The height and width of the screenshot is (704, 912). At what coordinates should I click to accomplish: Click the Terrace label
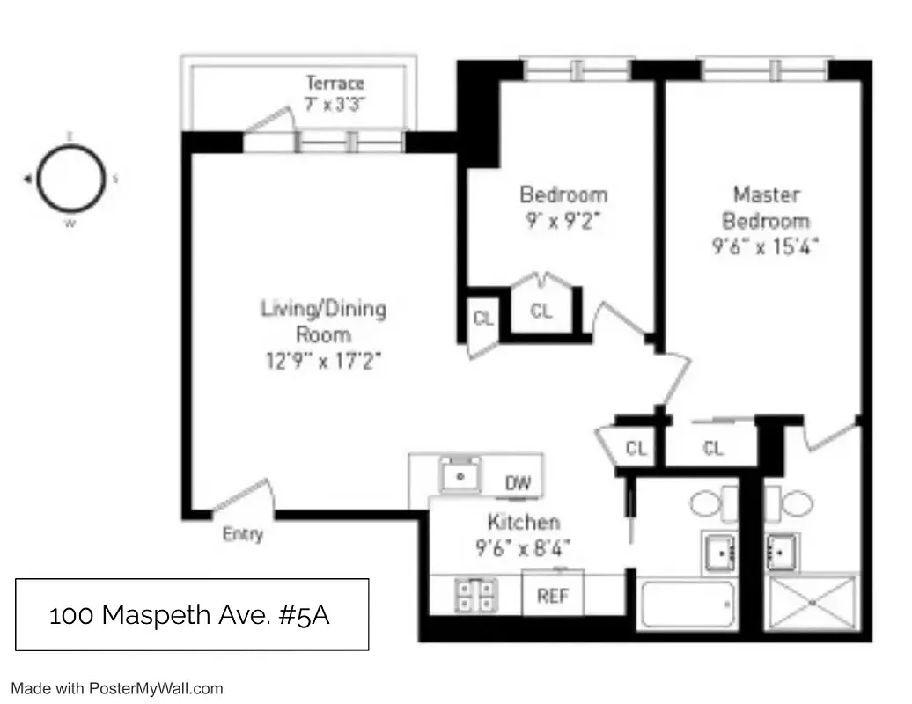(x=335, y=84)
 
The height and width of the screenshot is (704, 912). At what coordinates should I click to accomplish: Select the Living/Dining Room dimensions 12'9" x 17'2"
(x=323, y=361)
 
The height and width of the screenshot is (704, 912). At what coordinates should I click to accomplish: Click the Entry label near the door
(x=242, y=534)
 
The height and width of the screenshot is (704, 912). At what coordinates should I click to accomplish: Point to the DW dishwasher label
(x=519, y=483)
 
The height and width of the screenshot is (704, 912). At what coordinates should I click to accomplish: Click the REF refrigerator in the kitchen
(x=553, y=596)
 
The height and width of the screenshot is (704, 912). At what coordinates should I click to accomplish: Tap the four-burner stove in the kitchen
(x=476, y=596)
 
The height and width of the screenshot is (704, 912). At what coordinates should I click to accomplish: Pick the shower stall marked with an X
(x=813, y=604)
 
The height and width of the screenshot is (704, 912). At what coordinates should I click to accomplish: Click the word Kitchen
(x=524, y=522)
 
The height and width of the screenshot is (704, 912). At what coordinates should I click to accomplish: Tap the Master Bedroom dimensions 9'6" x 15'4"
(x=766, y=247)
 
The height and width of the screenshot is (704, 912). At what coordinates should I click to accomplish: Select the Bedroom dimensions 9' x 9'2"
(x=563, y=221)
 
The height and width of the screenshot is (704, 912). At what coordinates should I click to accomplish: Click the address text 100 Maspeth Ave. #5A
(x=189, y=615)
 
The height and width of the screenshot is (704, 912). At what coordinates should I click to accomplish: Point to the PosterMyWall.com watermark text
(x=118, y=689)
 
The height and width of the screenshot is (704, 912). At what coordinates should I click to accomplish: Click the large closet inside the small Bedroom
(x=541, y=311)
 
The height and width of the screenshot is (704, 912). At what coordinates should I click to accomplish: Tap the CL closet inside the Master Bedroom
(x=713, y=449)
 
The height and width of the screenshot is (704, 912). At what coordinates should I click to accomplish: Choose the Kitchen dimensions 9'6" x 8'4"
(x=524, y=548)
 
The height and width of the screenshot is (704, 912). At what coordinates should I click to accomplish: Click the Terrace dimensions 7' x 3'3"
(x=335, y=104)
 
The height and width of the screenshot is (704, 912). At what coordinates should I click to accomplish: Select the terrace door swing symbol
(x=268, y=125)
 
